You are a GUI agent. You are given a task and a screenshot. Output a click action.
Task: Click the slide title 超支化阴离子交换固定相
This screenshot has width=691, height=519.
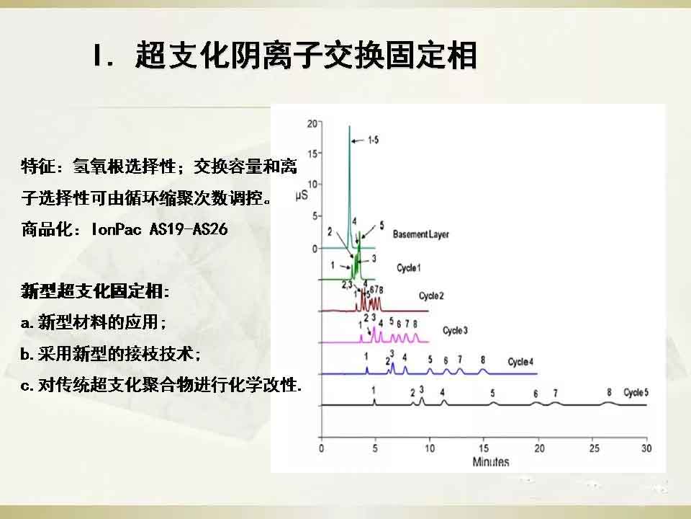point(307,56)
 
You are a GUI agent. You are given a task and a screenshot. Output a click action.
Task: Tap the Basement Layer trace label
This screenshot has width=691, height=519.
point(421,234)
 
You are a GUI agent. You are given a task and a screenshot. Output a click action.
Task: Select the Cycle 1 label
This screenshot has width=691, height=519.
point(409,268)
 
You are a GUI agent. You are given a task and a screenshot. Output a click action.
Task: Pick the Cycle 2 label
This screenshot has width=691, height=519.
point(431,296)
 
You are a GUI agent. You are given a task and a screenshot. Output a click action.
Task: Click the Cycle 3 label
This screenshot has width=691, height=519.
point(455,331)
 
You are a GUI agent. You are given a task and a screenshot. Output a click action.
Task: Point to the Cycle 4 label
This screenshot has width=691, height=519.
point(520,362)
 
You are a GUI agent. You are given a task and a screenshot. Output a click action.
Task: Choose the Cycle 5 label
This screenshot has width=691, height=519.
point(636,392)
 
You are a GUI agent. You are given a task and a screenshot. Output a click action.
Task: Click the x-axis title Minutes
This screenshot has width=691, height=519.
point(490,461)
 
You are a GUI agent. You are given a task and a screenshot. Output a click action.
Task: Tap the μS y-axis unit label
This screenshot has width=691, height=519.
point(302,195)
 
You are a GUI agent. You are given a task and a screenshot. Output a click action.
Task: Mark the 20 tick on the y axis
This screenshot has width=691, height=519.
point(312,123)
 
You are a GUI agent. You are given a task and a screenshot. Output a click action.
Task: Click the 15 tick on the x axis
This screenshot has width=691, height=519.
point(484,448)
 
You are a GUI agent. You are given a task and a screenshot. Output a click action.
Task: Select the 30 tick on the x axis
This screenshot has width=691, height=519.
point(646,448)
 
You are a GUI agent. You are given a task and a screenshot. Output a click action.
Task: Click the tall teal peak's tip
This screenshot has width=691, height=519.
point(350,125)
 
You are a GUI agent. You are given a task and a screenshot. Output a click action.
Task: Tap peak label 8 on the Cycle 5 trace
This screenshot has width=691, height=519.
point(609,392)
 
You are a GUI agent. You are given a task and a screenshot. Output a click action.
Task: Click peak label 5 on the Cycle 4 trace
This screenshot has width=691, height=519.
point(430,359)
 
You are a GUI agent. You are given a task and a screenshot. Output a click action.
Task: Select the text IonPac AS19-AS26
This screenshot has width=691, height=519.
point(160,229)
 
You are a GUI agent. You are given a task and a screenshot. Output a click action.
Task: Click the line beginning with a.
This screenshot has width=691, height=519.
point(94,322)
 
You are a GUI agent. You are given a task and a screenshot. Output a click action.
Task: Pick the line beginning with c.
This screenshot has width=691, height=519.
point(161,385)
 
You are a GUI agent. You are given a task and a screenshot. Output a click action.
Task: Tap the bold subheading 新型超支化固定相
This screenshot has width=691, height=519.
point(95,291)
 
